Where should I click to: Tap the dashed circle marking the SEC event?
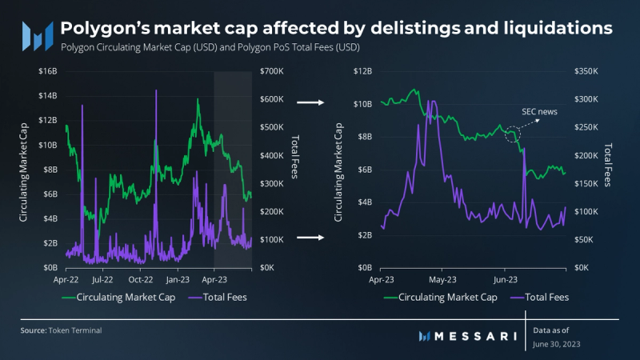coord(513,135)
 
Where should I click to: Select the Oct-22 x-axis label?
coord(140,281)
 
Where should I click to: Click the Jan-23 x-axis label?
coord(177,281)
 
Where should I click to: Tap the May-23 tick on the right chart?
coord(441,281)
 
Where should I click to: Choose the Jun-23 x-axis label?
coord(504,281)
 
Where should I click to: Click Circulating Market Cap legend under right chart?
coord(441,298)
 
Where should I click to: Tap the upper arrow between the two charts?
coord(309,102)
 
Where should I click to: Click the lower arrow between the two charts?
coord(309,237)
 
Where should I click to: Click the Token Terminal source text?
coord(73,330)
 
